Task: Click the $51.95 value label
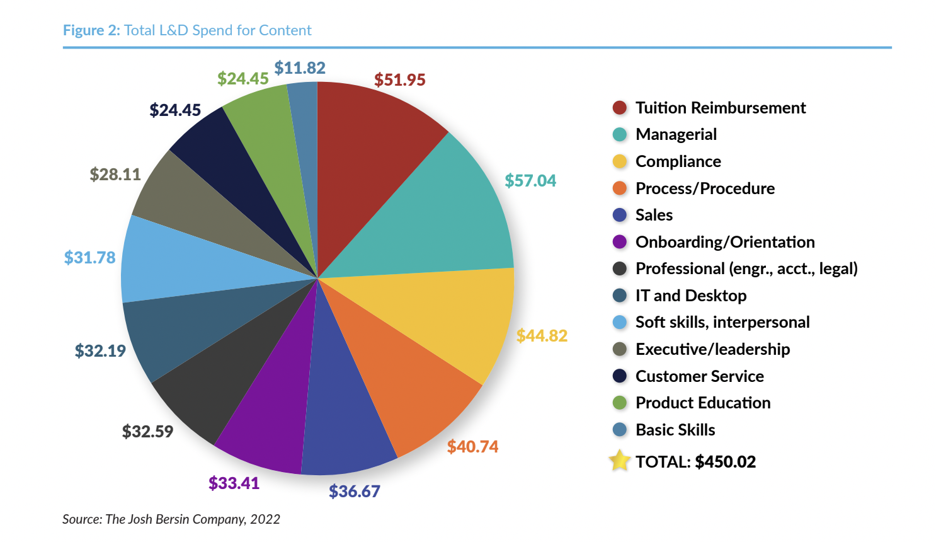pos(400,80)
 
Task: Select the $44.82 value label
pos(542,336)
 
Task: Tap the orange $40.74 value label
pos(472,447)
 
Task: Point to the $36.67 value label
pos(355,492)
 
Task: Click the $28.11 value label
pos(115,175)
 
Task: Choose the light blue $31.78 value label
pos(90,258)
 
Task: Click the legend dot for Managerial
pos(620,135)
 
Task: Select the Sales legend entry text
pos(654,216)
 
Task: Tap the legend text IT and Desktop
pos(691,296)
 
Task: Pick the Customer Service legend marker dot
pos(620,376)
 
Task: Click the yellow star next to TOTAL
pos(620,461)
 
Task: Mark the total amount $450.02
pos(726,462)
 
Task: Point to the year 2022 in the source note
pos(265,519)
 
